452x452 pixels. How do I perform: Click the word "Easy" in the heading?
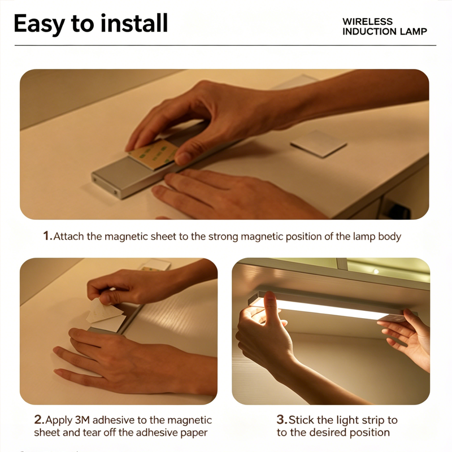(x=39, y=24)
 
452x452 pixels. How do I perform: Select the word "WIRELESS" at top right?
(x=367, y=21)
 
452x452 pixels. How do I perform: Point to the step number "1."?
(x=47, y=236)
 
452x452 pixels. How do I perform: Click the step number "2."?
(x=38, y=420)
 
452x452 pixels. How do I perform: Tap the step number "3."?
(x=281, y=420)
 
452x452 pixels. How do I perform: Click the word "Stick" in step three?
(x=302, y=420)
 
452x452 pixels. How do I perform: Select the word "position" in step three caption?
(x=370, y=432)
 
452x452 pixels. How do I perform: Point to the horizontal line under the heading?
(x=226, y=45)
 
